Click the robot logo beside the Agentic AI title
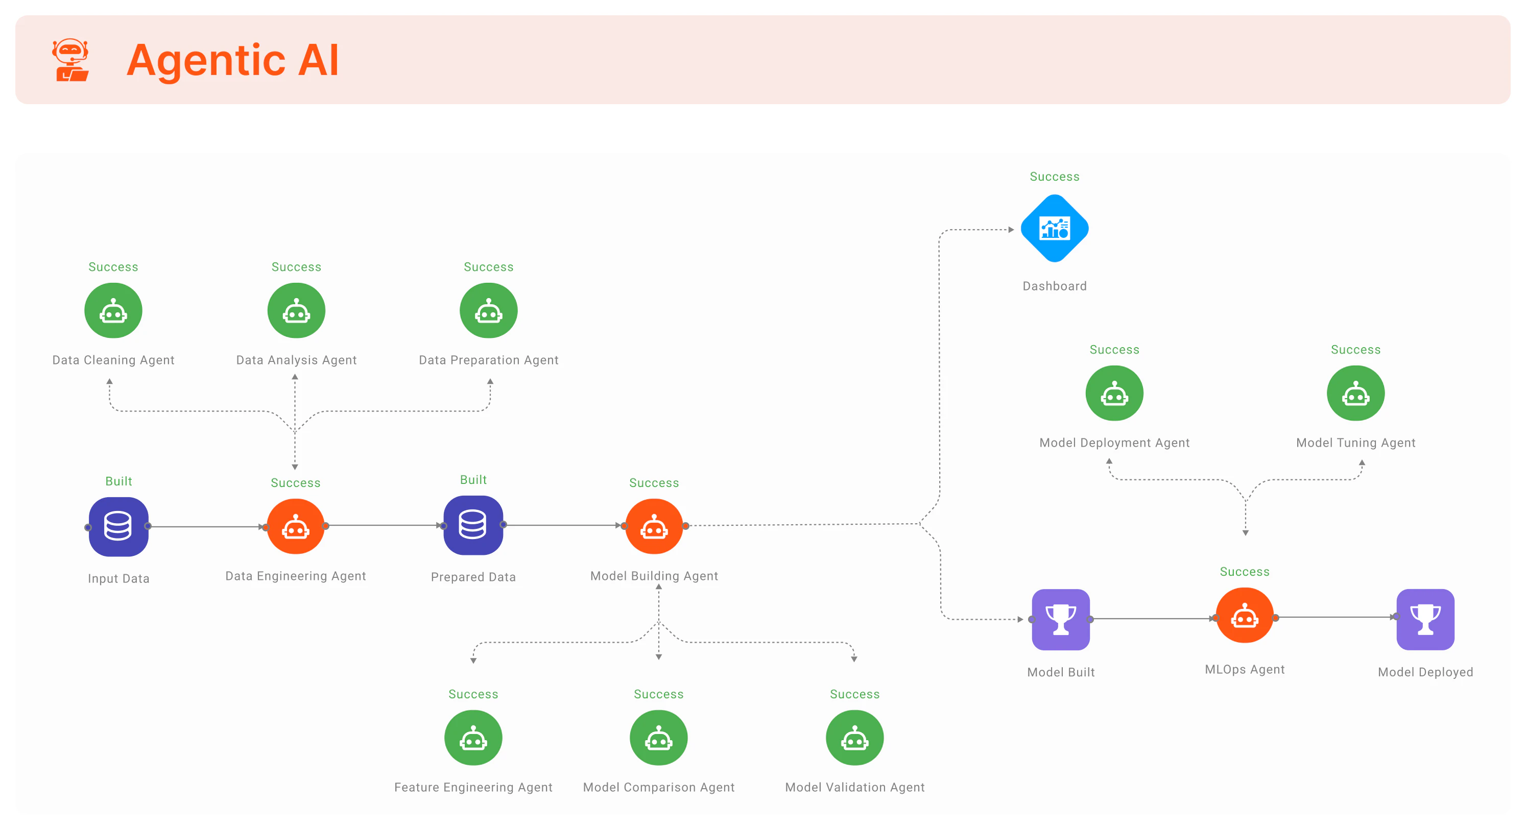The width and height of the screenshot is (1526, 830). coord(70,60)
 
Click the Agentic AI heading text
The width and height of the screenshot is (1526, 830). coord(232,60)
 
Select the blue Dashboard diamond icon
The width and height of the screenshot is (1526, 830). coord(1055,229)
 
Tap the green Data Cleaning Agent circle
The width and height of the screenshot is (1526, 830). coord(113,311)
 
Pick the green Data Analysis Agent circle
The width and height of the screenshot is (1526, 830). coord(296,311)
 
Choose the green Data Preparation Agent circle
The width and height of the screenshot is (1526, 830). coord(488,311)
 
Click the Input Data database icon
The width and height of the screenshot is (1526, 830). coord(118,526)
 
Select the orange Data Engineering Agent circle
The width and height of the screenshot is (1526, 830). coord(296,526)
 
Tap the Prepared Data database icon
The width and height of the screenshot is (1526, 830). coord(473,525)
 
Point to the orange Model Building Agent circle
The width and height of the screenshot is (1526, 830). coord(654,526)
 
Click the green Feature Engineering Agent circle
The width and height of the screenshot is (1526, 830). coord(473,738)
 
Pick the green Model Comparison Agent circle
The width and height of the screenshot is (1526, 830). coord(658,738)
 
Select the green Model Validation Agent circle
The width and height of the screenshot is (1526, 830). coord(854,738)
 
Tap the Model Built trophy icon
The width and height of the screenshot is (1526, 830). coord(1060,619)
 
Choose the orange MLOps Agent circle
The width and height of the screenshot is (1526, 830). coord(1244,616)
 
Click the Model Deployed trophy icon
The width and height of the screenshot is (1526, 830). coord(1425,619)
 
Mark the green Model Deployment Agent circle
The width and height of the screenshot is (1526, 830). coord(1114,393)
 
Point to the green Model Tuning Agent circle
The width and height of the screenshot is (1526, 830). coord(1355,393)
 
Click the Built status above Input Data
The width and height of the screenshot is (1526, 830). coord(118,481)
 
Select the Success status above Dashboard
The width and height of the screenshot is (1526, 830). coord(1055,177)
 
